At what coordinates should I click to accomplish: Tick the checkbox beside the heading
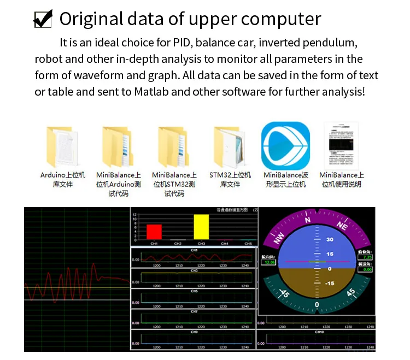pyautogui.click(x=43, y=19)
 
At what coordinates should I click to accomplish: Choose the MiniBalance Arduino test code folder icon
pyautogui.click(x=119, y=146)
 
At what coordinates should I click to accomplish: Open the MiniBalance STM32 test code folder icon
pyautogui.click(x=174, y=146)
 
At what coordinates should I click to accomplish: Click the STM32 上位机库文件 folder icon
pyautogui.click(x=230, y=146)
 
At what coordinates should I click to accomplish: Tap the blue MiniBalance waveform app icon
pyautogui.click(x=285, y=145)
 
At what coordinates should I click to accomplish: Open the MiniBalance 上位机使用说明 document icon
pyautogui.click(x=341, y=145)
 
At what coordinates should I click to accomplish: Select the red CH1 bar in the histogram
pyautogui.click(x=154, y=232)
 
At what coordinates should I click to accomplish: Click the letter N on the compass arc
pyautogui.click(x=307, y=220)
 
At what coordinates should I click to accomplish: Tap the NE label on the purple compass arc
pyautogui.click(x=342, y=226)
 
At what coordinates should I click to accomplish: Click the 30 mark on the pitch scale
pyautogui.click(x=330, y=240)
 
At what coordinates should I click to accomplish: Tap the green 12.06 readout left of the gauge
pyautogui.click(x=269, y=262)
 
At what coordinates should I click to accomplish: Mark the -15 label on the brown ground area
pyautogui.click(x=330, y=283)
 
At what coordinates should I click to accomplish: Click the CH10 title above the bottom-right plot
pyautogui.click(x=319, y=332)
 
